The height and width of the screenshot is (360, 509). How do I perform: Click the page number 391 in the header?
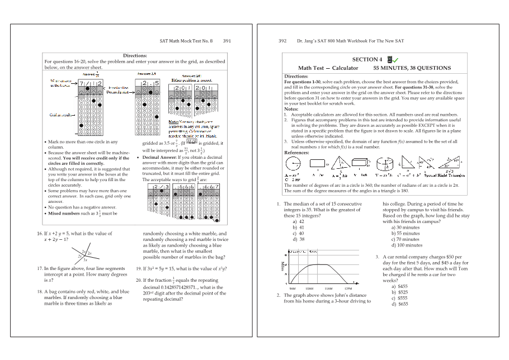click(x=227, y=41)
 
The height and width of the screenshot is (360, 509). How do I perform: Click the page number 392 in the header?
click(x=282, y=41)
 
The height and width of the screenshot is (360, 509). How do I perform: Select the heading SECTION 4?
click(x=367, y=59)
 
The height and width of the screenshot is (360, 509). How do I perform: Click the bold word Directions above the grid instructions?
click(x=135, y=55)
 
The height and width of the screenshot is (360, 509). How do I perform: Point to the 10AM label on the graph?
click(x=309, y=288)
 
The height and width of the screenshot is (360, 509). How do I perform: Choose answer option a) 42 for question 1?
click(x=298, y=221)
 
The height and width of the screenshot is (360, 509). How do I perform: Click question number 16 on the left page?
click(x=40, y=234)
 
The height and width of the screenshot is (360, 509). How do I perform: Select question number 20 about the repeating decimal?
click(x=138, y=281)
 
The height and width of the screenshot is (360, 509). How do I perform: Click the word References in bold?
click(x=296, y=152)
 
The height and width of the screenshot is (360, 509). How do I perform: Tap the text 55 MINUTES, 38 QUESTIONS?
click(x=412, y=68)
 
